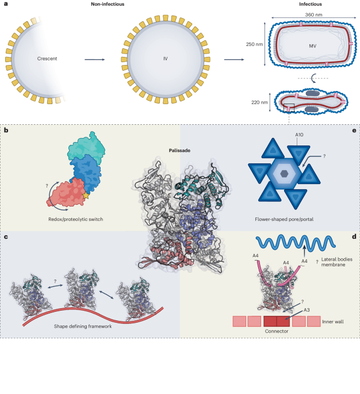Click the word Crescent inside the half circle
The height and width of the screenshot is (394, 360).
(38, 59)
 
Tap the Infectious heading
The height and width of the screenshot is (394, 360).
(310, 4)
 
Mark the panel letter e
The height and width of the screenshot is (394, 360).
(354, 131)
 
